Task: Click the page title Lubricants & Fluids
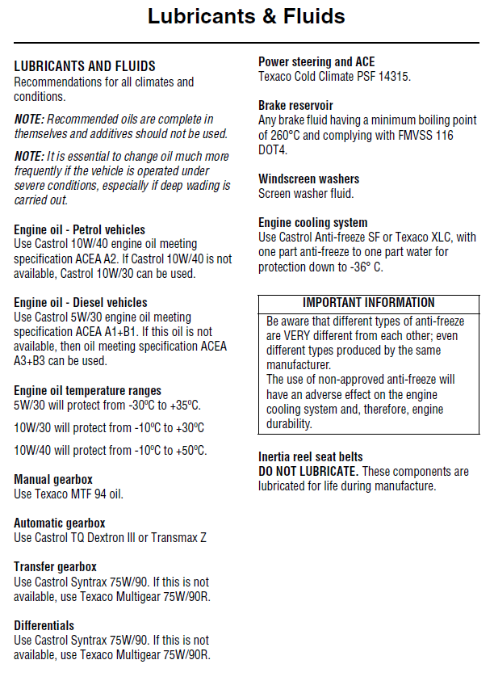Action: point(246,16)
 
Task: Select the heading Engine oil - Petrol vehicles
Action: point(80,230)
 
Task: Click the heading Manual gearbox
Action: point(53,480)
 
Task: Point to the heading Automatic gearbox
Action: point(60,523)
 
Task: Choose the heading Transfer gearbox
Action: point(56,567)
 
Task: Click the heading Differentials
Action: point(44,626)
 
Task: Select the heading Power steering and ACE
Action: point(316,62)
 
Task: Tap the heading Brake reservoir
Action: point(295,106)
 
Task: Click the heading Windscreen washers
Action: point(309,179)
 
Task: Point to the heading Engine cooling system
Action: point(312,223)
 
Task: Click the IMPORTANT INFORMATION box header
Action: point(368,303)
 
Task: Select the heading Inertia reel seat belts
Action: point(311,457)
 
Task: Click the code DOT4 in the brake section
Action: point(273,149)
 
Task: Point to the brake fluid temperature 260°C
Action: point(277,136)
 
